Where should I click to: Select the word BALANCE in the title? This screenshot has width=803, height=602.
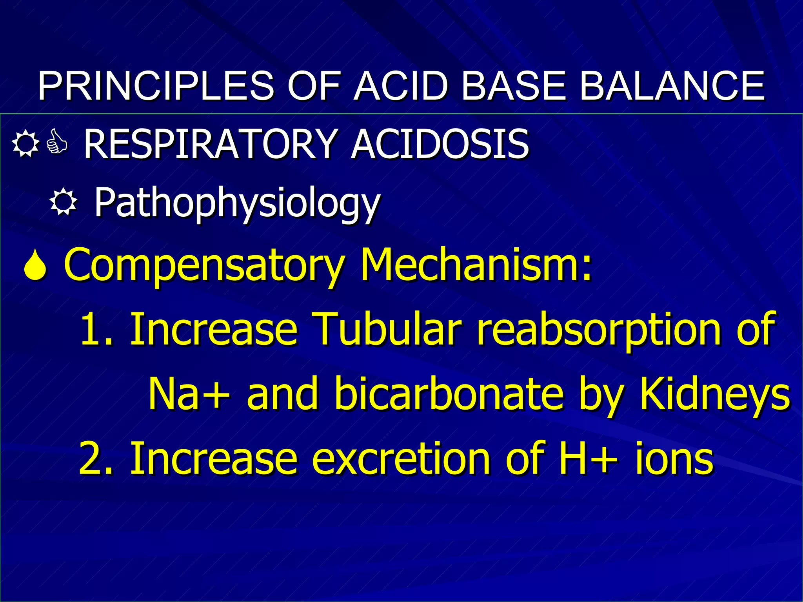(672, 86)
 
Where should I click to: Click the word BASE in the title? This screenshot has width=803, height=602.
(514, 86)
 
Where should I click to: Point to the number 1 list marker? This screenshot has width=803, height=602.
(93, 329)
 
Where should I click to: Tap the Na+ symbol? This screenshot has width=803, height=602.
(189, 394)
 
